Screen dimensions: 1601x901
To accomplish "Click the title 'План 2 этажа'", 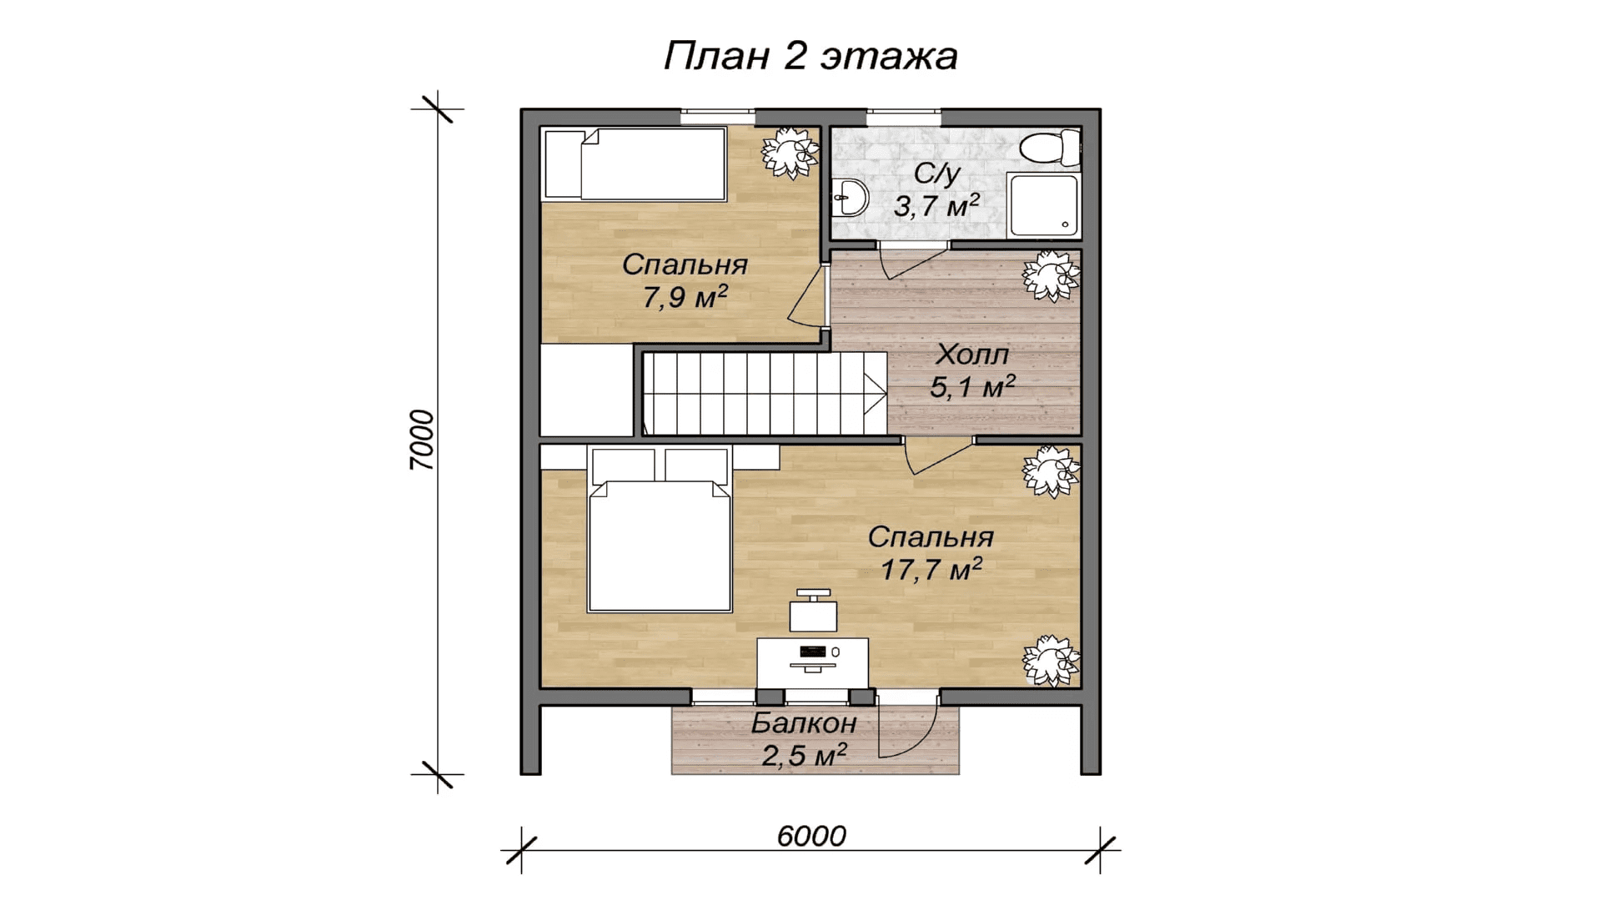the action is pos(810,57).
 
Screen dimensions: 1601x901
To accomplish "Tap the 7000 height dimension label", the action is pos(423,440).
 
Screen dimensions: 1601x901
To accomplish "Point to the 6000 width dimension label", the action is pos(811,836).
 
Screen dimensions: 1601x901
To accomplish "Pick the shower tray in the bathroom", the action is pos(1042,205).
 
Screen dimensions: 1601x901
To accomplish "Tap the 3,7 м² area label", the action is pos(936,204).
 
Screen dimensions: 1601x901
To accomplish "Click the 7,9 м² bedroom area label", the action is pos(685,296).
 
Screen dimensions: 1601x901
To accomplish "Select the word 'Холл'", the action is pos(971,355).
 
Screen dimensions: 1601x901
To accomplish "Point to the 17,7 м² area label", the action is pos(931,570).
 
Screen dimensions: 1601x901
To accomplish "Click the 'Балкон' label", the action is pos(804,722).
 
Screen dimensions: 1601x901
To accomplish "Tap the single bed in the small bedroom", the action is pos(634,164).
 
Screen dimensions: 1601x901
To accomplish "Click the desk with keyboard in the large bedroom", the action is pos(812,664).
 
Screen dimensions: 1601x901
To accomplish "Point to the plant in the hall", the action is pos(1052,276).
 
